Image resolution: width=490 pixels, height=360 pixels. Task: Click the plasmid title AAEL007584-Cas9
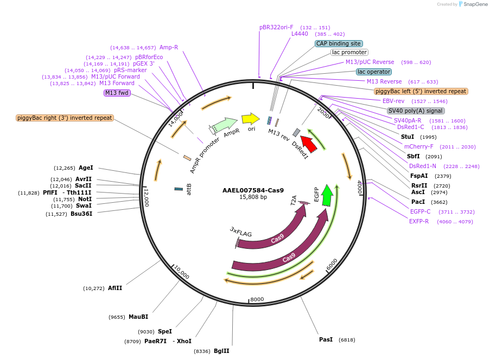point(253,190)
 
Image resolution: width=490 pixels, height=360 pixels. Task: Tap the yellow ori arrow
point(251,119)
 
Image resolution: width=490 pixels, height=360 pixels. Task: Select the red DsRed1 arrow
point(309,144)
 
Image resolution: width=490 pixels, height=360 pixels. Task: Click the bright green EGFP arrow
point(327,195)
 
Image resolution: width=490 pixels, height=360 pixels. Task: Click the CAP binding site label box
point(339,43)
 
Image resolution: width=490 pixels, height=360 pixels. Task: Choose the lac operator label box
point(374,72)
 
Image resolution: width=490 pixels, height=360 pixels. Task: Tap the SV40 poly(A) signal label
point(416,111)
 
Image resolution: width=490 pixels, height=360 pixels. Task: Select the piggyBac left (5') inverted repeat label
point(421,91)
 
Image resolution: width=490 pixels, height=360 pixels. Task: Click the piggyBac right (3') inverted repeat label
point(65,118)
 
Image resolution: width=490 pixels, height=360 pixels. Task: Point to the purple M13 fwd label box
point(117,93)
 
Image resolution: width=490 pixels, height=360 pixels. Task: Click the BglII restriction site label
point(221,351)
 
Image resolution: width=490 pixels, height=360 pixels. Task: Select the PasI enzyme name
point(326,339)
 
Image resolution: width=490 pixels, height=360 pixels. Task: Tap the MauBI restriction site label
point(138,317)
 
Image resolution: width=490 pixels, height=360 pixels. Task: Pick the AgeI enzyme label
point(86,168)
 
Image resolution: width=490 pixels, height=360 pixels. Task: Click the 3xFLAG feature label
point(241,233)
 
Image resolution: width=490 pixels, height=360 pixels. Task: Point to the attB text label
point(189,189)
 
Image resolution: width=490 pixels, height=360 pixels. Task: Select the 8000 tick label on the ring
point(257,299)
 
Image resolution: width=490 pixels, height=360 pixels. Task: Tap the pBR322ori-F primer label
point(276,27)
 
